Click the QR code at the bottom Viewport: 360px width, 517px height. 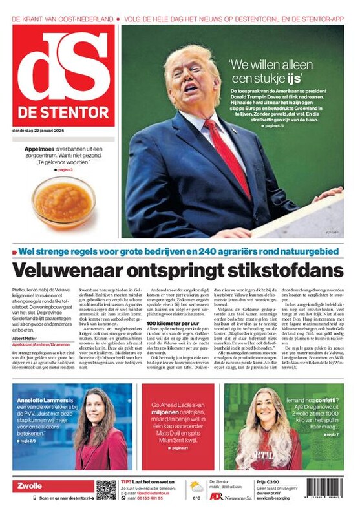point(106,489)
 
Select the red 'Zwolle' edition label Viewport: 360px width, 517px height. point(30,486)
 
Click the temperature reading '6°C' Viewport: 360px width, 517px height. point(196,498)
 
